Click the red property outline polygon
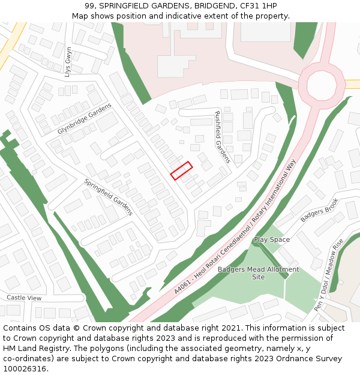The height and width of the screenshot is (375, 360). (181, 170)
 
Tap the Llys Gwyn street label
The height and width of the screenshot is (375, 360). (68, 62)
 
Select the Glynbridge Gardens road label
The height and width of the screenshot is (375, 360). (85, 119)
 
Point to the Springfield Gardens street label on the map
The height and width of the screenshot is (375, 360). (108, 197)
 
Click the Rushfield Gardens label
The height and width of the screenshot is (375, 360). (222, 137)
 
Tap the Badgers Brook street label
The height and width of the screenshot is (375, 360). (320, 210)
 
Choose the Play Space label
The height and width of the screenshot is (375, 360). (271, 239)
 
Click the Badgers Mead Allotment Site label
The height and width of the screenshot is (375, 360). (258, 273)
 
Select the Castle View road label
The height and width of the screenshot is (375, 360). (24, 298)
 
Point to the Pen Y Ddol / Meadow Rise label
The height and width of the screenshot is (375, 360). (329, 274)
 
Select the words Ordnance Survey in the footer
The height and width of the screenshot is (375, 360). (305, 358)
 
